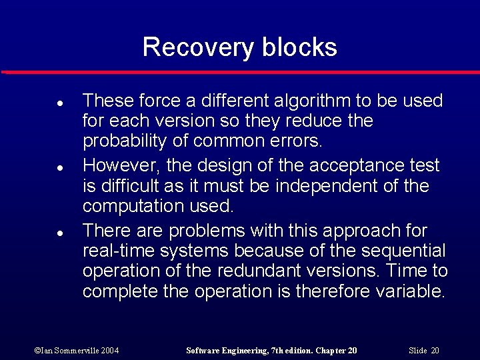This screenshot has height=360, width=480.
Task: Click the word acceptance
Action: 349,165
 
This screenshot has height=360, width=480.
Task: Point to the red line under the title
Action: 240,72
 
